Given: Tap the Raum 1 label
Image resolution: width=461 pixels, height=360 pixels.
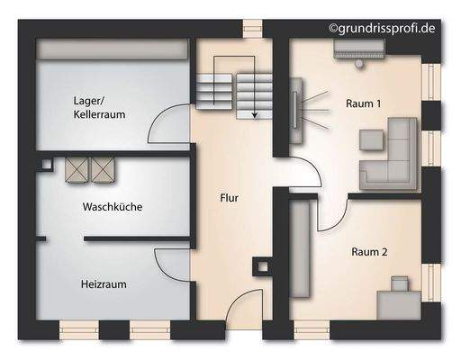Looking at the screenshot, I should [363, 103].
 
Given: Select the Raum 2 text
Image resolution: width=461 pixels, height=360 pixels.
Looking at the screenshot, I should [369, 253].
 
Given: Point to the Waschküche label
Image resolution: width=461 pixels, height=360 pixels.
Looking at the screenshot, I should [113, 206].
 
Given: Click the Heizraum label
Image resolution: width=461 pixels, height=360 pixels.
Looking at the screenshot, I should [104, 283].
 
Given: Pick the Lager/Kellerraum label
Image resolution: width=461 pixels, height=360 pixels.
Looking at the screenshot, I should [99, 108].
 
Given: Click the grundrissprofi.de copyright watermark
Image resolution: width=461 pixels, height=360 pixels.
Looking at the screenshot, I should [386, 29].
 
